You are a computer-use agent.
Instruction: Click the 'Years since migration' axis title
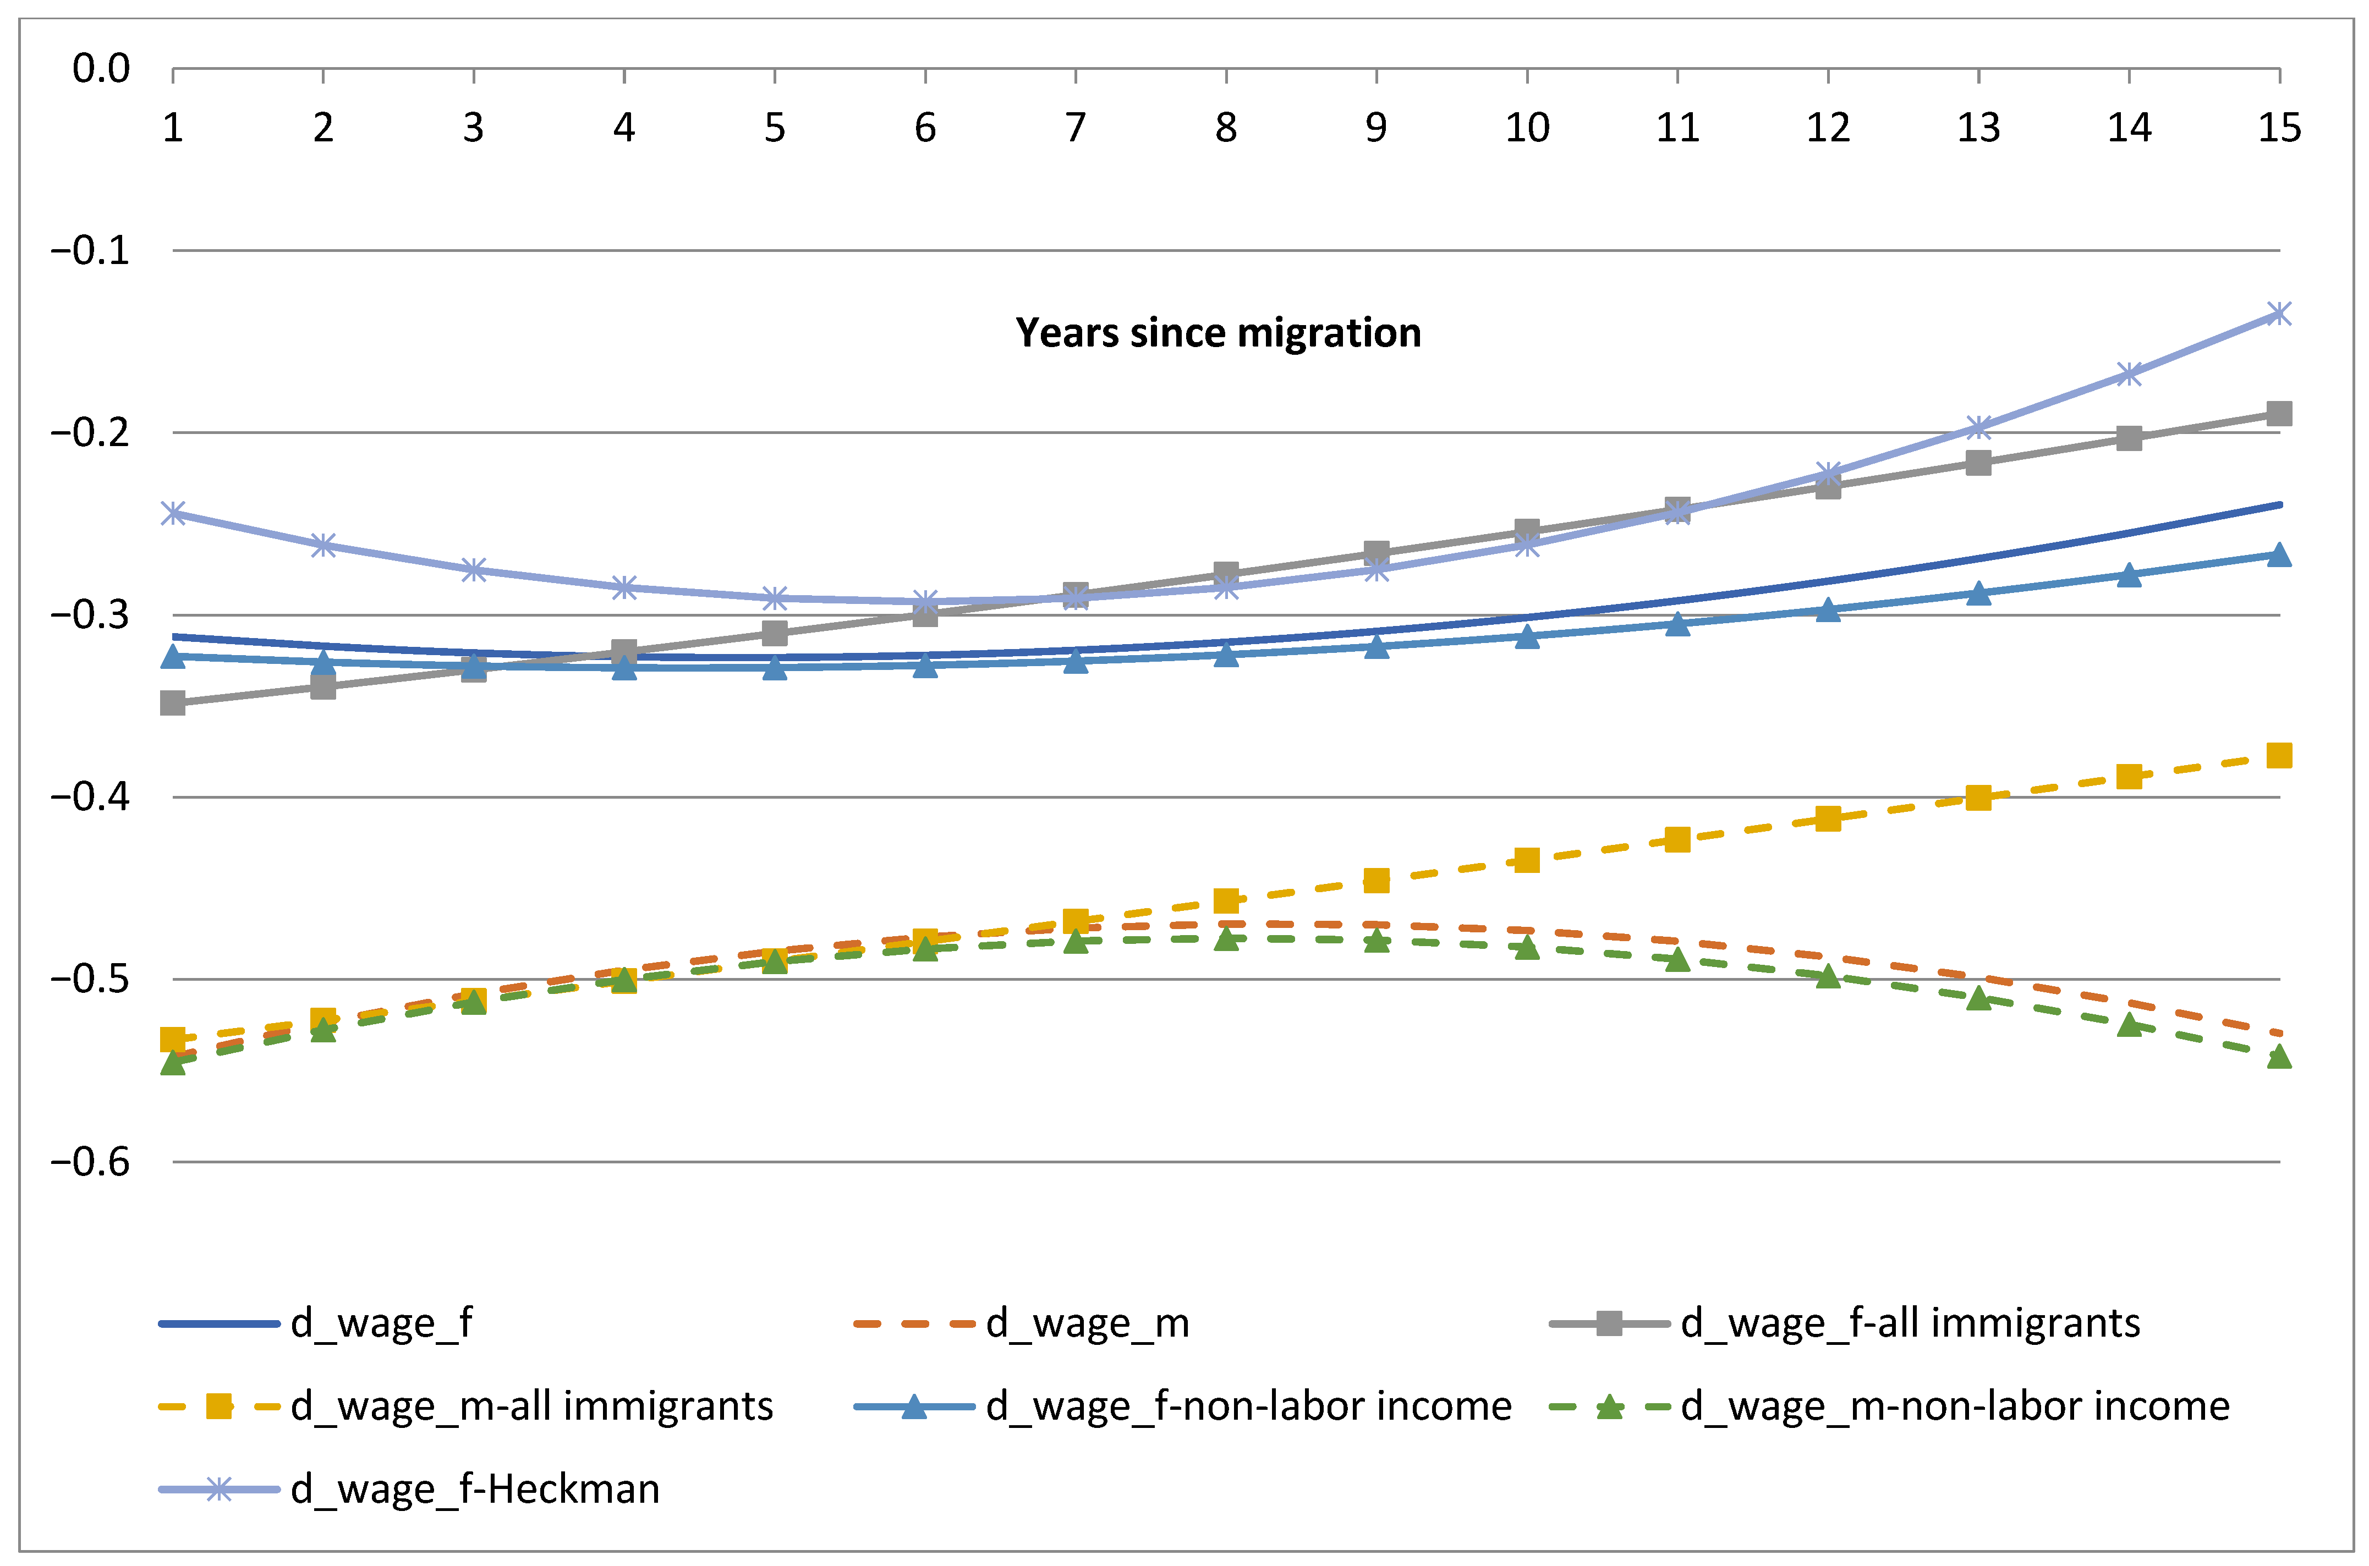click(1218, 333)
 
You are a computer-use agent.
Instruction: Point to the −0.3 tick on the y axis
click(90, 614)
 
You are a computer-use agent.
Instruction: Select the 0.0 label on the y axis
click(101, 69)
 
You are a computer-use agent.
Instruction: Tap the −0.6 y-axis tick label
click(90, 1162)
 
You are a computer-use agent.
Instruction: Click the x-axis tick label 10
click(1526, 128)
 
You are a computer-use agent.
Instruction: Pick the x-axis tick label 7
click(1074, 128)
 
